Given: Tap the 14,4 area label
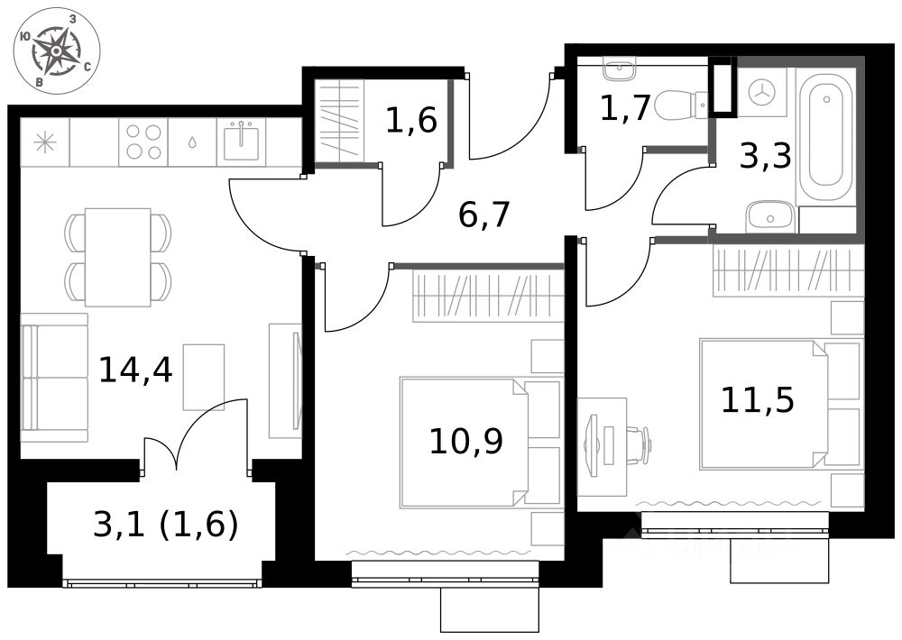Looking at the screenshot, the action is pyautogui.click(x=136, y=369).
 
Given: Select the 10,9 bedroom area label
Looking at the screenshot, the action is pyautogui.click(x=465, y=441).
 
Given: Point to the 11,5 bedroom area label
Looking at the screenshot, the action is pyautogui.click(x=758, y=398).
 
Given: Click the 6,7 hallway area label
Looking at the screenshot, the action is pyautogui.click(x=484, y=215).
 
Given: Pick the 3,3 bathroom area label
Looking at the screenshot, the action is pyautogui.click(x=766, y=157).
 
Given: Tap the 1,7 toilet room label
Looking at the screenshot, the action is pyautogui.click(x=625, y=110).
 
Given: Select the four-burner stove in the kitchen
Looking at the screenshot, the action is pyautogui.click(x=143, y=142).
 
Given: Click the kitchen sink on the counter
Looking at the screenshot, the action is pyautogui.click(x=241, y=142).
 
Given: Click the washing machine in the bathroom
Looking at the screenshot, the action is pyautogui.click(x=763, y=90).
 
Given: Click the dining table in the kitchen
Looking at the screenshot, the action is pyautogui.click(x=117, y=257).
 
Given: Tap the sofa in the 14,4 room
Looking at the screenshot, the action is pyautogui.click(x=54, y=378).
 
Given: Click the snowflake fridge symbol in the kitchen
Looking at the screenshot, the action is pyautogui.click(x=44, y=142).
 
